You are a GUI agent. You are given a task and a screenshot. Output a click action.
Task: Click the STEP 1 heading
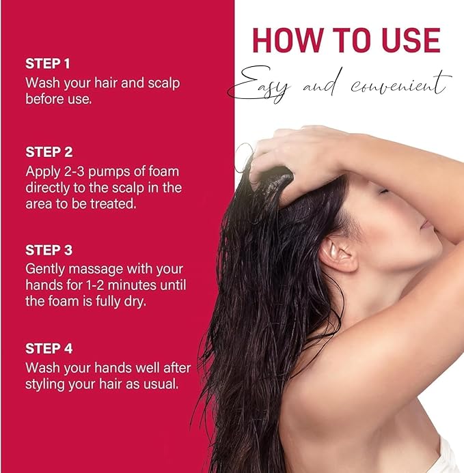(x=47, y=63)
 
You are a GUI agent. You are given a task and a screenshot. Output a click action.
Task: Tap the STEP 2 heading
(x=49, y=152)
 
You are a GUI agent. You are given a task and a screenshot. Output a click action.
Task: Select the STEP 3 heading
(x=49, y=250)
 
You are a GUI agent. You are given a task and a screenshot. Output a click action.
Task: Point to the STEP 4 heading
(x=49, y=348)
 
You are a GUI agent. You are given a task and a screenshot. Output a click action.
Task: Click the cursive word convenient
(x=401, y=84)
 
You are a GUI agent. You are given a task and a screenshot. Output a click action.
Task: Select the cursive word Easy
(x=259, y=85)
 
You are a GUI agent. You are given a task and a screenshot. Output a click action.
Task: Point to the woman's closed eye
(x=383, y=190)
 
